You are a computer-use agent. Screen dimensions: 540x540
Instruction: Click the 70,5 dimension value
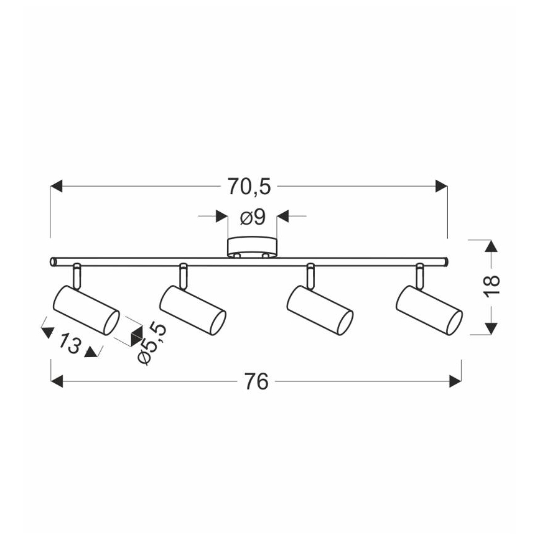point(249,187)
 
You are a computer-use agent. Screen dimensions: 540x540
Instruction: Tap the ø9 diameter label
point(253,217)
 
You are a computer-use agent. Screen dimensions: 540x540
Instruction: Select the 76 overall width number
point(256,381)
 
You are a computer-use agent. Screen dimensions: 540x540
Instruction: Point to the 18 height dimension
point(491,285)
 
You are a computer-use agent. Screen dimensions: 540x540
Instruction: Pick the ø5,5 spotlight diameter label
point(152,343)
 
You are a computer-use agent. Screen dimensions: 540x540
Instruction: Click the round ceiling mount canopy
point(252,246)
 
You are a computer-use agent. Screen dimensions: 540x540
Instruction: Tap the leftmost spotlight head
point(86,310)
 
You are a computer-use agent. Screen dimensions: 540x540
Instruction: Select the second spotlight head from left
point(192,310)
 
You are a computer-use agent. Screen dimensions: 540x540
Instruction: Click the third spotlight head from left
point(320,310)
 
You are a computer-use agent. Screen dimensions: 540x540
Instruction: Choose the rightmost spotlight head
point(429,310)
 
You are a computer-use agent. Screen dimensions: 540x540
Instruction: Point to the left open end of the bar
point(53,262)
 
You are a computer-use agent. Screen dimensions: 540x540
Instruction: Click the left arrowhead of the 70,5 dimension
point(57,186)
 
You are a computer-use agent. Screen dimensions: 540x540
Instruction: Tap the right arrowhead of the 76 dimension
point(455,381)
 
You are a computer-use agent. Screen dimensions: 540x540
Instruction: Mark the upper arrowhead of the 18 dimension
point(491,246)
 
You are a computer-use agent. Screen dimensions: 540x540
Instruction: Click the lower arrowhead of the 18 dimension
point(491,328)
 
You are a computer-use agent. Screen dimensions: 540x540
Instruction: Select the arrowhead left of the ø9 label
point(221,216)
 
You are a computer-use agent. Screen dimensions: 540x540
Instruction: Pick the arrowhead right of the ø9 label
point(282,216)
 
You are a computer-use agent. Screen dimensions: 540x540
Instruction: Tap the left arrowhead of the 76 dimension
point(57,381)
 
